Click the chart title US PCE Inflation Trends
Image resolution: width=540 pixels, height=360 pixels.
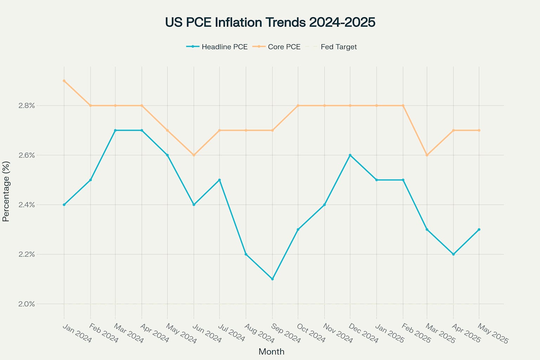click(x=270, y=22)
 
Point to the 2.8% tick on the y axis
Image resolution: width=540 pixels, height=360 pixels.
click(x=27, y=105)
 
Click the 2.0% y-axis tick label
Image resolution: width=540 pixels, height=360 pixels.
click(x=27, y=304)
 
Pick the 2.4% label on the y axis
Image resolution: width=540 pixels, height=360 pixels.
click(x=27, y=205)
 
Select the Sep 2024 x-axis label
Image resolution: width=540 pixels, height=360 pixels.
click(x=286, y=334)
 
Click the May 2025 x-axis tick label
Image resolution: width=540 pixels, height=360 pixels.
click(x=493, y=334)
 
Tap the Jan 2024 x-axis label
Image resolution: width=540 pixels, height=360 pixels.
click(x=77, y=333)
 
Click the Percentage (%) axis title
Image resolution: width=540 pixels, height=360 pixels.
click(x=6, y=192)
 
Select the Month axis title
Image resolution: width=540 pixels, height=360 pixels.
click(x=271, y=352)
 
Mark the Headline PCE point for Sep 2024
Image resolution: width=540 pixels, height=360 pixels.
click(x=272, y=279)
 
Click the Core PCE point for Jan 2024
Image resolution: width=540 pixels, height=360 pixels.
click(x=64, y=81)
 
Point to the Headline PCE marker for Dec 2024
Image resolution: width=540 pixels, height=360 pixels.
click(x=350, y=155)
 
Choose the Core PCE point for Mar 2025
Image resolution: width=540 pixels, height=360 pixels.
click(x=427, y=155)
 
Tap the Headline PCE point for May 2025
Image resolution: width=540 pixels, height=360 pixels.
click(x=479, y=230)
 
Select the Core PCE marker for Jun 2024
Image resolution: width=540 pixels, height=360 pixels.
click(x=194, y=155)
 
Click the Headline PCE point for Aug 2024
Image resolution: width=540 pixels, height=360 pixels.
click(x=246, y=254)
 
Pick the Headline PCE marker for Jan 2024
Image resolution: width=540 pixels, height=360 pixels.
click(x=64, y=205)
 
